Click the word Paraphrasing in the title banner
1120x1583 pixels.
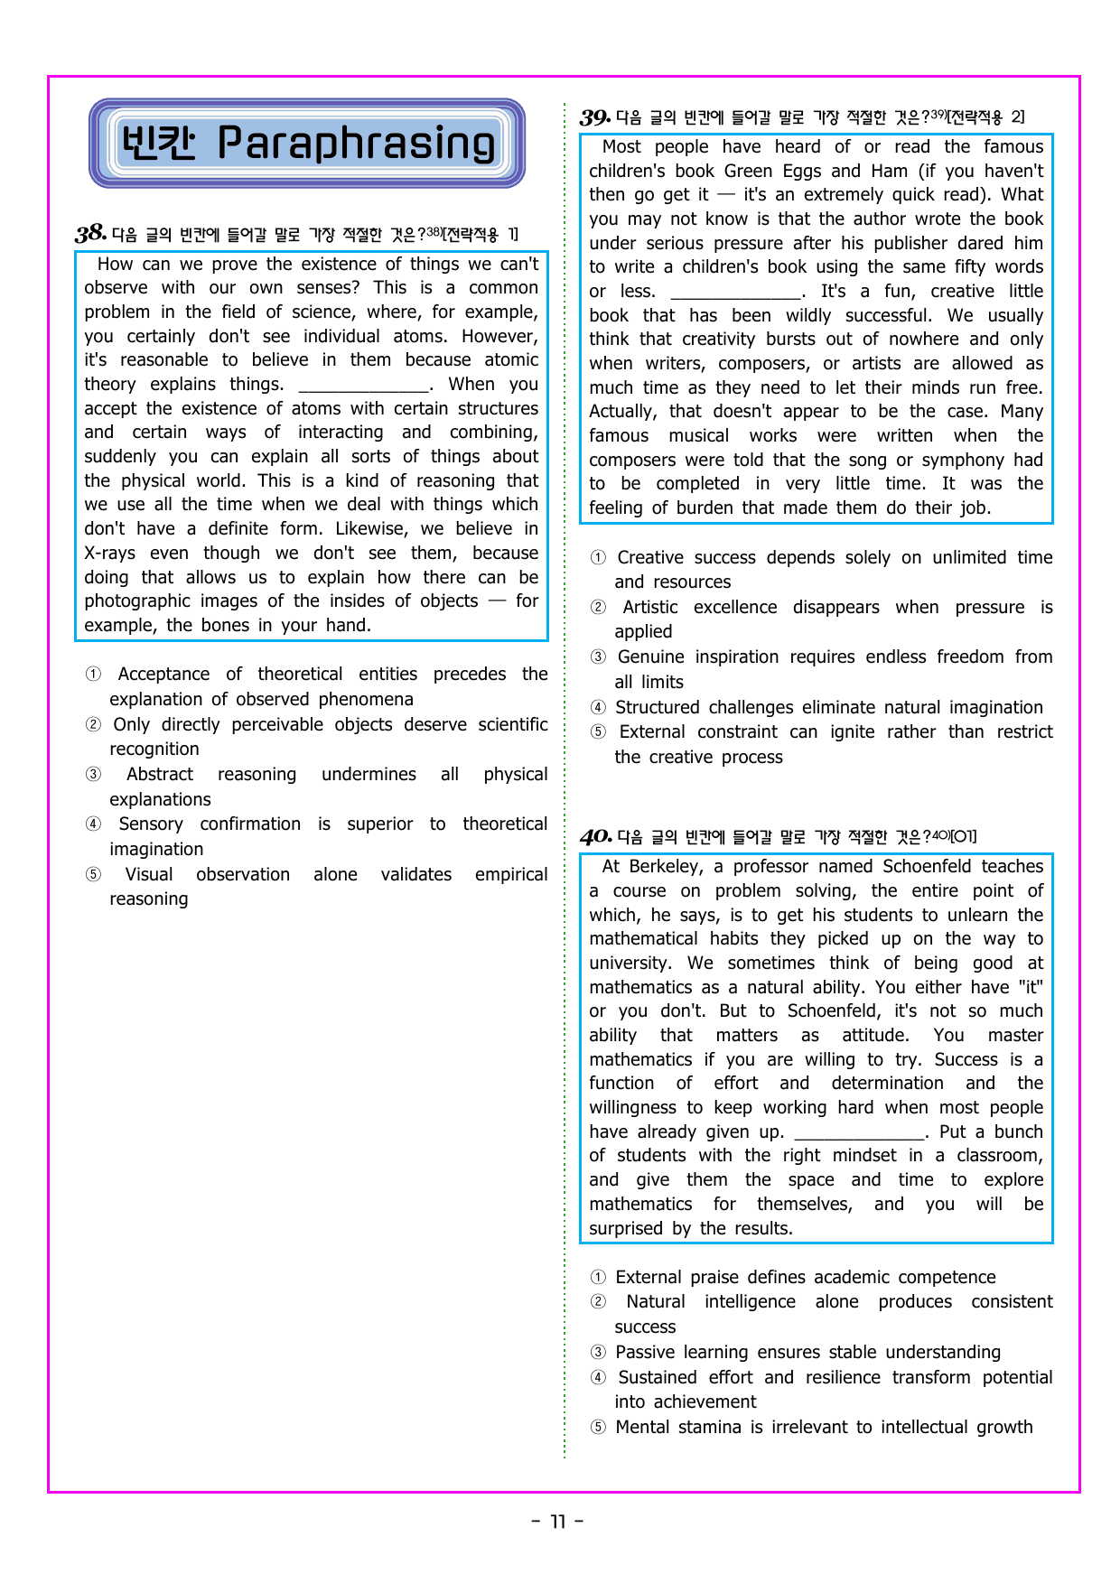pyautogui.click(x=357, y=144)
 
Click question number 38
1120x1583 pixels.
pyautogui.click(x=90, y=234)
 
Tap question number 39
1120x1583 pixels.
pyautogui.click(x=595, y=117)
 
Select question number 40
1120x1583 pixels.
pyautogui.click(x=595, y=837)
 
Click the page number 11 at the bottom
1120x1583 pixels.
pyautogui.click(x=558, y=1522)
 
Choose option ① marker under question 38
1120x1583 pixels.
pyautogui.click(x=93, y=675)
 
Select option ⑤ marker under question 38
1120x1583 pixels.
pyautogui.click(x=93, y=875)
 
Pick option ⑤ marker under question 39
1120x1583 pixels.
pyautogui.click(x=598, y=732)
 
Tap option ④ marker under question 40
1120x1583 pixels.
pyautogui.click(x=598, y=1378)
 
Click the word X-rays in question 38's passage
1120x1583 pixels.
pyautogui.click(x=110, y=554)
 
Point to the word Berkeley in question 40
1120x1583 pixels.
pyautogui.click(x=667, y=867)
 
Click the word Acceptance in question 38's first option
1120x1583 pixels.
pyautogui.click(x=163, y=675)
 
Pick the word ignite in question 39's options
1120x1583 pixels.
pyautogui.click(x=852, y=732)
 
